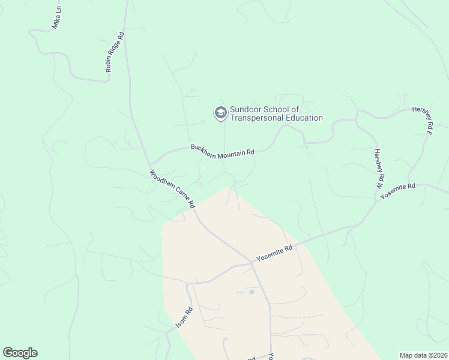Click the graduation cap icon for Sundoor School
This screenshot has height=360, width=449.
pos(220,112)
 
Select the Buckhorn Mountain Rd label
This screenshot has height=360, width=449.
pos(223,151)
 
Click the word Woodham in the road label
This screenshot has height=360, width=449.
pos(163,182)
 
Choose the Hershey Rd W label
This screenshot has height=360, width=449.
pos(379,169)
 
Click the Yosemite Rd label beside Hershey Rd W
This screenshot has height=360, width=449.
pos(397,188)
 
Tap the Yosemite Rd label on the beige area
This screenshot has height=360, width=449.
pos(274,253)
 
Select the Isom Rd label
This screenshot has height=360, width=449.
pos(184,317)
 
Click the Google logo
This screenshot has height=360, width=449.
pos(20,353)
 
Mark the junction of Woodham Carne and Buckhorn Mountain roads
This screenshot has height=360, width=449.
pos(149,164)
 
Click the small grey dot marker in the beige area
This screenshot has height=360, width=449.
pos(252,292)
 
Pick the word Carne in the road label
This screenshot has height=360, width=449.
pos(187,200)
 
